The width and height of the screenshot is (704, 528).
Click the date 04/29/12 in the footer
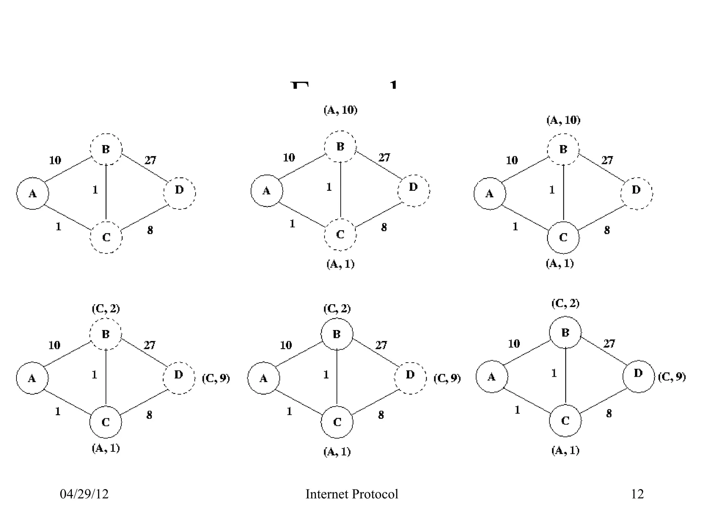coord(84,494)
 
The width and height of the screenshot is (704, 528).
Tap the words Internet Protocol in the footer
coord(352,494)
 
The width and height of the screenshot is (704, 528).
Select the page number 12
coord(637,494)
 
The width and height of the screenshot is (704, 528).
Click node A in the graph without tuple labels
coord(33,194)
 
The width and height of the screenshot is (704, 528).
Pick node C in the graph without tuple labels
coord(106,237)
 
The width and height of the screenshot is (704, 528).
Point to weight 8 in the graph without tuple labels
coord(150,230)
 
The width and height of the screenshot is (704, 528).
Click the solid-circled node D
coord(638,376)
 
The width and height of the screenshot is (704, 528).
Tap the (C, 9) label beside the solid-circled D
coord(672,377)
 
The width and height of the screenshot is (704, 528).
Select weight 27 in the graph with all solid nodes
coord(609,343)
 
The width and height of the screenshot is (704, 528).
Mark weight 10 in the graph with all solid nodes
coord(514,343)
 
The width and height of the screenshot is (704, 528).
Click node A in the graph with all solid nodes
coord(492,377)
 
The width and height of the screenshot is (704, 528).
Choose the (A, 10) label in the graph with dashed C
coord(340,110)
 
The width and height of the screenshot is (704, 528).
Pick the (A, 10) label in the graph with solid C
coord(563,120)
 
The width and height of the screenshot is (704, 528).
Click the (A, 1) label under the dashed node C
coord(340,264)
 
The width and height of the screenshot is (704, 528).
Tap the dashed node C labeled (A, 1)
coord(340,234)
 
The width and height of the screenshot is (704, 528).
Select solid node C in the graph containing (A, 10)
coord(563,237)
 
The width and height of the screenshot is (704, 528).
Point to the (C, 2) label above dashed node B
coord(106,309)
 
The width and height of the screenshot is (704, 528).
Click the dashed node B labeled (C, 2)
coord(106,334)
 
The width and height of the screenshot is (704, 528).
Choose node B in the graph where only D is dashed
coord(337,334)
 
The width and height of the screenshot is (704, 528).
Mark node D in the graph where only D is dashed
coord(410,378)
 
